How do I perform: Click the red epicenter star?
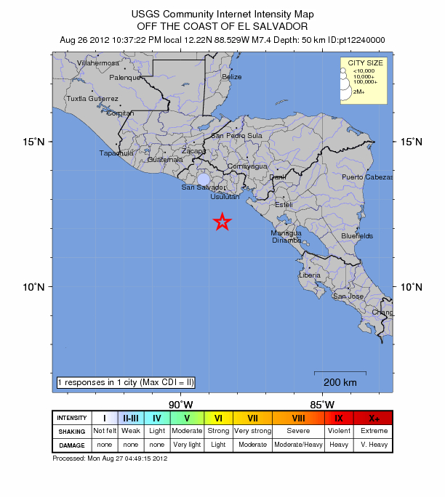coord(222,222)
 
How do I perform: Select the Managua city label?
coord(286,233)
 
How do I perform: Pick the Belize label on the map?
coord(232,77)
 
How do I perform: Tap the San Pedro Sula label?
coord(236,136)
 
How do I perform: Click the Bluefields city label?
coord(357,236)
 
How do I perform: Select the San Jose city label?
coord(348,296)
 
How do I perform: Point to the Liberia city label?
coord(310,275)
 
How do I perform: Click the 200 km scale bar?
coord(340,373)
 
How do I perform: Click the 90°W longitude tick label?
coord(180,404)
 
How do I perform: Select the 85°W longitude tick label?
coord(322,404)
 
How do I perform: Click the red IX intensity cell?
coord(339,418)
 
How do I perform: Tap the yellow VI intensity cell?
coord(218,418)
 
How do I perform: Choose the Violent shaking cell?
coord(339,431)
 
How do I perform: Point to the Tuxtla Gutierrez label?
coord(92,98)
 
